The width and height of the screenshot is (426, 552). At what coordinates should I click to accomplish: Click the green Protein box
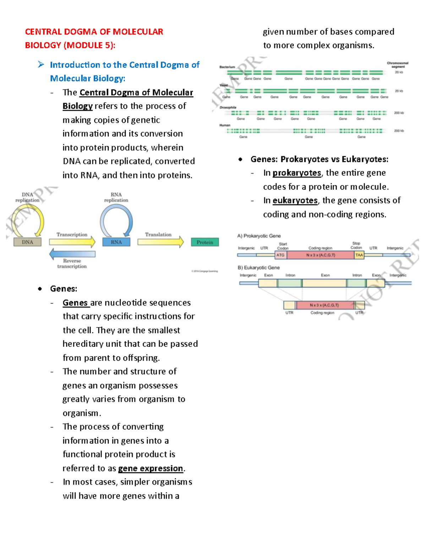pos(205,242)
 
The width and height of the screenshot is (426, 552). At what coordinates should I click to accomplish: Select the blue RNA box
pos(116,242)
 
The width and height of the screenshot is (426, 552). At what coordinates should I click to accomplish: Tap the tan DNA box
pos(27,242)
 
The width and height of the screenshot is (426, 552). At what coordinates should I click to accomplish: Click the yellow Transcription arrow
pos(72,242)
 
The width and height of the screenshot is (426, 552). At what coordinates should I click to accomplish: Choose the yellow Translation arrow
pos(160,242)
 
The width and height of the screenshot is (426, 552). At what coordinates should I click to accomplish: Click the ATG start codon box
pos(280,255)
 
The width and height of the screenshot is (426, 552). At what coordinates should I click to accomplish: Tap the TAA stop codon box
pos(359,255)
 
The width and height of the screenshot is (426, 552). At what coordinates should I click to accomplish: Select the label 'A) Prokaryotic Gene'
pos(259,236)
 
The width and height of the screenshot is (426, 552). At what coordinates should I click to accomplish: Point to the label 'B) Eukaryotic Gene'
pos(258,267)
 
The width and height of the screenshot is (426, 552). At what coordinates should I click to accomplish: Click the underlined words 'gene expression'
pos(151,468)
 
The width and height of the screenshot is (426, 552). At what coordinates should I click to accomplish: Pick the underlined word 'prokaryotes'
pos(297,173)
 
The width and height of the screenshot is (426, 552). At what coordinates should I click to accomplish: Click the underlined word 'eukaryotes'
pos(295,200)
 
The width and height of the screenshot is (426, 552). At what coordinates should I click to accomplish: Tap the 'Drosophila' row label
pos(228,107)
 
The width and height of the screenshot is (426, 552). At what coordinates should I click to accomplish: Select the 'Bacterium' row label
pos(227,67)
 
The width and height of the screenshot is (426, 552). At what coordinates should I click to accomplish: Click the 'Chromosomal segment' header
pos(398,65)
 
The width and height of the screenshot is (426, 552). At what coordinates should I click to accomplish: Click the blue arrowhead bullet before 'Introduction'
pos(41,64)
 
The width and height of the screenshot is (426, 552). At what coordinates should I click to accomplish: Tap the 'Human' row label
pos(225,125)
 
